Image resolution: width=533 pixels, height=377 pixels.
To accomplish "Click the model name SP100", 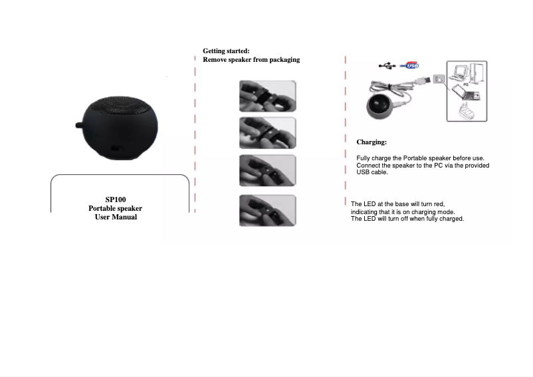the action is [116, 199].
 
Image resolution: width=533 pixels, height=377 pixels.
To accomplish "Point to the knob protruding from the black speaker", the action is [79, 126].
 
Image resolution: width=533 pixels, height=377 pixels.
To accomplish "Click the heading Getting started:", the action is [226, 51].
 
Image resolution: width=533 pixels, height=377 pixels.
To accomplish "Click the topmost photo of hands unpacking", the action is [268, 96].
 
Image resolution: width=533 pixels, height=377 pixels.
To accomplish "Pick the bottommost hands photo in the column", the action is [268, 210].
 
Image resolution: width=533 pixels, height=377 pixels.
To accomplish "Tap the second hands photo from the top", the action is [268, 133].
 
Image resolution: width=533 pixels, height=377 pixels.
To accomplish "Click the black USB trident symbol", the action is [387, 66].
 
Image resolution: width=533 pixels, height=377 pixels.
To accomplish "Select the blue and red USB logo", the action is [409, 65].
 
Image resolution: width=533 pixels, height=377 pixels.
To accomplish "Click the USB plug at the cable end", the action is [423, 80].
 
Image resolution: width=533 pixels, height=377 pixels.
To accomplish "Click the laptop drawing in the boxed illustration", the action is [466, 92].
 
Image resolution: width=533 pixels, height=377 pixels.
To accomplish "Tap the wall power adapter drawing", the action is [467, 111].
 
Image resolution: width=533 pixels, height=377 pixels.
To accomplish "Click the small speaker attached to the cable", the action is [380, 106].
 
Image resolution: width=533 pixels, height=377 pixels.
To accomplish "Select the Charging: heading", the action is [372, 142].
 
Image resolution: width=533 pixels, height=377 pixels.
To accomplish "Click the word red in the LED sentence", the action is [439, 204].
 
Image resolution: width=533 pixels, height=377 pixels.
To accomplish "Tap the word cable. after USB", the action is [379, 172].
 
